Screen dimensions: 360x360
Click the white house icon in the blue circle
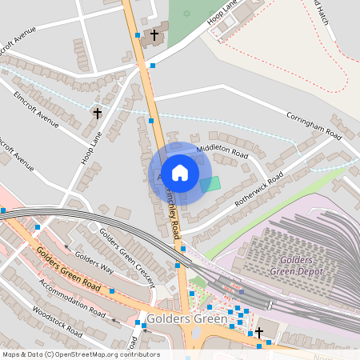coord(180,173)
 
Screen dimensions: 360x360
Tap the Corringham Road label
coord(315,126)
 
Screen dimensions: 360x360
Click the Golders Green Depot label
coord(308,266)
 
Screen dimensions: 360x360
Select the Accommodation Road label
coord(71,299)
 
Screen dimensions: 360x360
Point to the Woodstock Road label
coord(54,321)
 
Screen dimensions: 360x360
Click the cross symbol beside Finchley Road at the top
coord(154,34)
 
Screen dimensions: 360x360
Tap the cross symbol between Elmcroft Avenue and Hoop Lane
coord(97,114)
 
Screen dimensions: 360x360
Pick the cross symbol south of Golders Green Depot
coord(259,333)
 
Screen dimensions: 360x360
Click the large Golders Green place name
coord(192,318)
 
